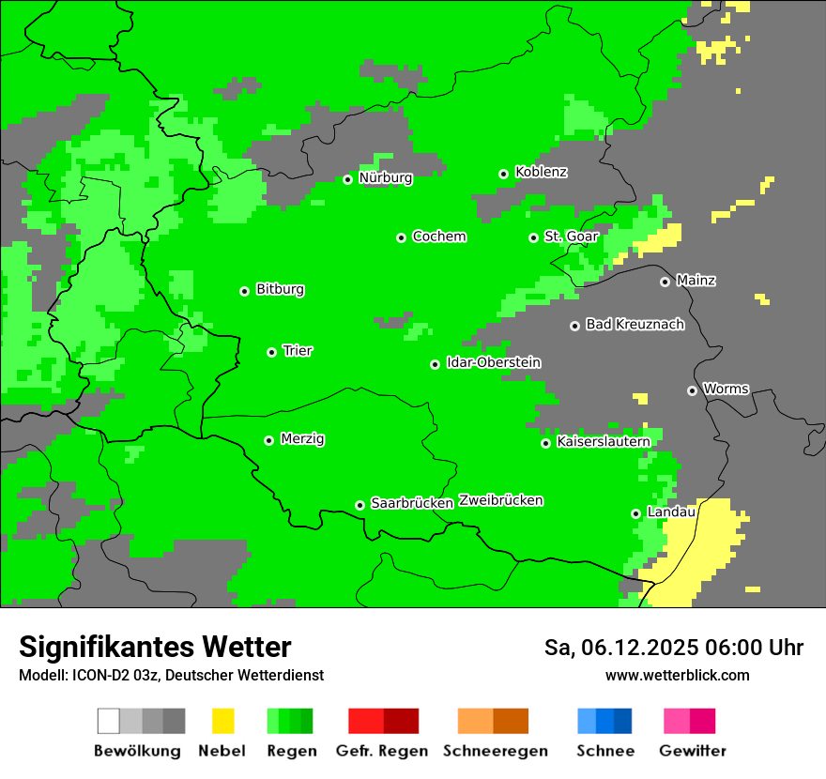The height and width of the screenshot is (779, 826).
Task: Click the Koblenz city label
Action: click(541, 173)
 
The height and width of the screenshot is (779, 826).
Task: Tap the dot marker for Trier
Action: click(271, 352)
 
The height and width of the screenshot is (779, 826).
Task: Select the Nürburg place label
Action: click(385, 177)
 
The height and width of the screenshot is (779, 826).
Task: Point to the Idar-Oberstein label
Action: click(494, 363)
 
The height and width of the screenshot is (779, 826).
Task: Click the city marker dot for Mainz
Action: click(665, 282)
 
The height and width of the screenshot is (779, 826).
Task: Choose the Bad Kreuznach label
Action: click(635, 325)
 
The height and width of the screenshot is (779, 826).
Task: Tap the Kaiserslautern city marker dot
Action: click(545, 443)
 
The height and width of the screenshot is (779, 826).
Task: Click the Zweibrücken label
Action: click(500, 500)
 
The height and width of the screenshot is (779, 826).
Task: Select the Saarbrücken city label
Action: click(412, 503)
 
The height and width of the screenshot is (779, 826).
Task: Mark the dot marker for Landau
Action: click(635, 513)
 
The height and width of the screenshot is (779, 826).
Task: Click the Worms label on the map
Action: click(726, 389)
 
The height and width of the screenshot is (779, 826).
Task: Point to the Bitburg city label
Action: click(280, 289)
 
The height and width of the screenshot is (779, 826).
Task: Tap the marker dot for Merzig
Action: click(268, 440)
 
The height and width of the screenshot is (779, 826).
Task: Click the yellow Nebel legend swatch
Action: click(222, 721)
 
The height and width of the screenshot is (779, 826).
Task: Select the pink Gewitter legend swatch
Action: click(677, 721)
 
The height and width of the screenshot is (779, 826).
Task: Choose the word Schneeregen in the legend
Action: click(495, 751)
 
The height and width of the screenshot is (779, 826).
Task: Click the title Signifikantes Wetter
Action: click(155, 647)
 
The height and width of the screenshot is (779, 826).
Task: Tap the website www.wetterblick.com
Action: click(677, 675)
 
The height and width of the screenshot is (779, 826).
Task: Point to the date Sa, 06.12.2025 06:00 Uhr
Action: click(673, 648)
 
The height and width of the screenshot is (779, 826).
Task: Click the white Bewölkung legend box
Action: click(109, 721)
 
